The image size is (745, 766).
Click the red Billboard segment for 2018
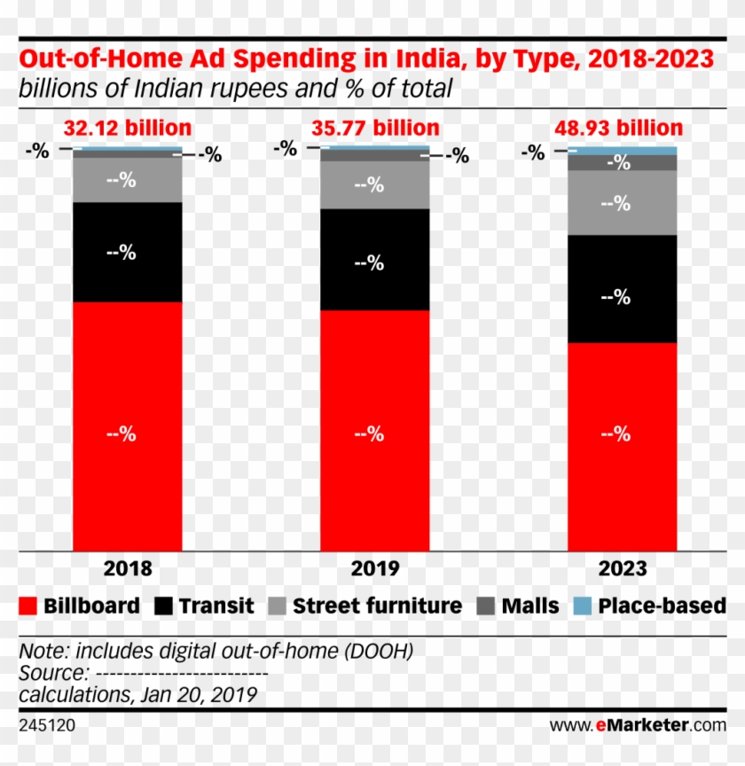[x=127, y=426]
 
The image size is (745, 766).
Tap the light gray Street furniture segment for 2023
[x=622, y=202]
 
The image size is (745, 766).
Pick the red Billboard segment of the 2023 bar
[x=622, y=446]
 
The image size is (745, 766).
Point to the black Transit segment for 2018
[x=127, y=253]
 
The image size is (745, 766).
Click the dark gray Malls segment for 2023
[x=622, y=162]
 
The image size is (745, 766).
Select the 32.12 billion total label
[x=128, y=129]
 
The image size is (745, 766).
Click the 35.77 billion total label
[x=375, y=129]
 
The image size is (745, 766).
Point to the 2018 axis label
[x=128, y=568]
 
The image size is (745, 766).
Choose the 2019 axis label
[x=375, y=568]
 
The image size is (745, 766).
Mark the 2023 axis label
[x=622, y=568]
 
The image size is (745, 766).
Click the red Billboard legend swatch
[x=28, y=606]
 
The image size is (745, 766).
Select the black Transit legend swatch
[x=164, y=606]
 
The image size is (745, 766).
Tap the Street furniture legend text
[x=377, y=606]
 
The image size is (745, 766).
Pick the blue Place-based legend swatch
[x=582, y=606]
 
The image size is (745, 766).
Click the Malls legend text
[x=530, y=606]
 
